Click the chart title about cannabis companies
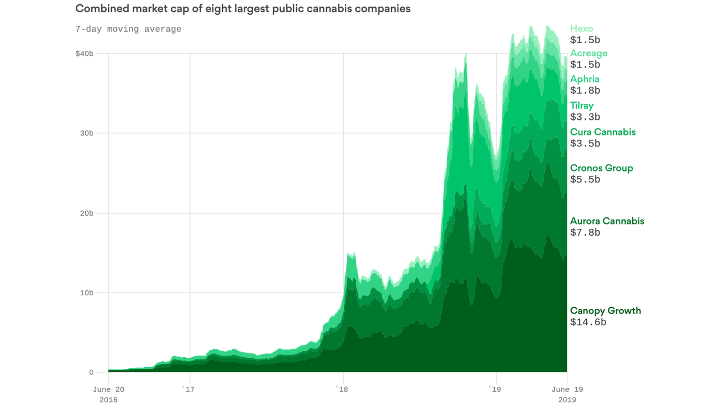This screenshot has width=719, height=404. click(x=243, y=9)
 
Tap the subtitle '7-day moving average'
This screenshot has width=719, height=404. click(x=128, y=29)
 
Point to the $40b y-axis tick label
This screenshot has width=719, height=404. click(x=84, y=54)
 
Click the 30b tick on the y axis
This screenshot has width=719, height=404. click(x=86, y=133)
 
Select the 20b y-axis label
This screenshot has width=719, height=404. click(x=86, y=213)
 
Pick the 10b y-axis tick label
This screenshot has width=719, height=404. click(x=86, y=293)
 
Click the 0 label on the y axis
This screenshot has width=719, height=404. click(x=91, y=372)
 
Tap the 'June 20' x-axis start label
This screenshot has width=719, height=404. click(x=108, y=390)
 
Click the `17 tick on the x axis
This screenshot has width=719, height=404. click(x=188, y=390)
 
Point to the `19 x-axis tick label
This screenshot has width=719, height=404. click(x=494, y=390)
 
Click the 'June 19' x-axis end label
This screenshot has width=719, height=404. click(x=567, y=390)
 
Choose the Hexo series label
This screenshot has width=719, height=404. click(x=581, y=29)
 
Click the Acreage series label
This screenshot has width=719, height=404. click(x=588, y=53)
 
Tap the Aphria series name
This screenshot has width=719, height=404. click(x=585, y=79)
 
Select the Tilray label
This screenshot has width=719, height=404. click(x=582, y=106)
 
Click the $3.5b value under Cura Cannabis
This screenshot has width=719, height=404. click(x=585, y=144)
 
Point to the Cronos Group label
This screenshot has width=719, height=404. click(x=601, y=168)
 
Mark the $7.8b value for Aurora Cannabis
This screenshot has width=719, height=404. click(x=585, y=233)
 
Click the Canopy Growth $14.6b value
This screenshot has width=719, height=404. click(x=588, y=322)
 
